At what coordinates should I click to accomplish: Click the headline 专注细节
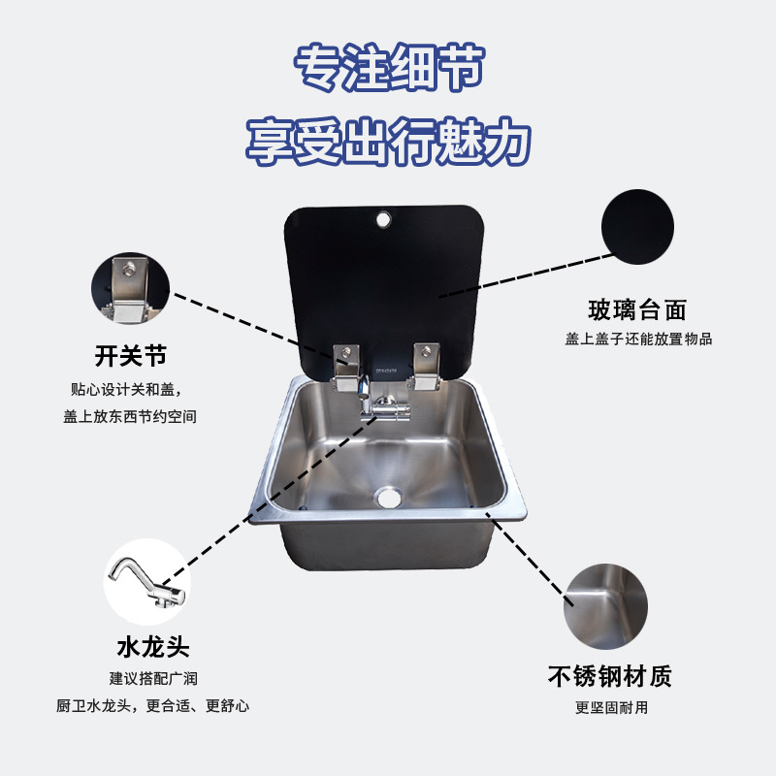pos(388,69)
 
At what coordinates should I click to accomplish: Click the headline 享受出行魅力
pos(388,142)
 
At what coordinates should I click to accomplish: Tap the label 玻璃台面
pos(637,310)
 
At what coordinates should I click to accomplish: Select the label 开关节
pos(131,356)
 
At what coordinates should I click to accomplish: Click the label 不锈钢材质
pos(610,676)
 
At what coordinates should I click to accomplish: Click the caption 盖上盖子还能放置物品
pos(639,339)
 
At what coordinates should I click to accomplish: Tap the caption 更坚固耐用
pos(611,707)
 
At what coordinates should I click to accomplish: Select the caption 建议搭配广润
pos(153,678)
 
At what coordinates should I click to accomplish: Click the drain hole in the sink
pos(389,498)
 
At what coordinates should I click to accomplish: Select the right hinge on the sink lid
pos(424,366)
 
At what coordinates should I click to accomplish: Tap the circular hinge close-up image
pos(130,289)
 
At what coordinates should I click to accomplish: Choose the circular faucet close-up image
pos(146,582)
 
